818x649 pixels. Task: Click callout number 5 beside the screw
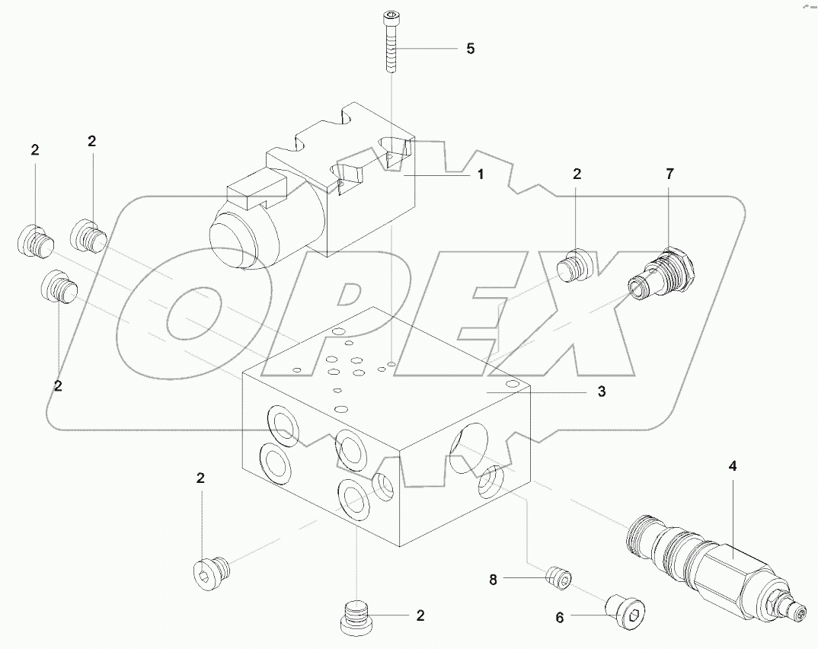coord(470,49)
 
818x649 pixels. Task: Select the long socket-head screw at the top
coord(390,43)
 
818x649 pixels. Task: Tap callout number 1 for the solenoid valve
coord(480,174)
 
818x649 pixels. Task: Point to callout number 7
coord(669,174)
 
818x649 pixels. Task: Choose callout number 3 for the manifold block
coord(601,392)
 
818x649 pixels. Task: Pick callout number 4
coord(733,465)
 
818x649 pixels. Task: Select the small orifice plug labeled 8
coord(558,578)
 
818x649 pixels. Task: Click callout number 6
coord(559,618)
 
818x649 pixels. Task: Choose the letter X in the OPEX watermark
coord(579,320)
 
